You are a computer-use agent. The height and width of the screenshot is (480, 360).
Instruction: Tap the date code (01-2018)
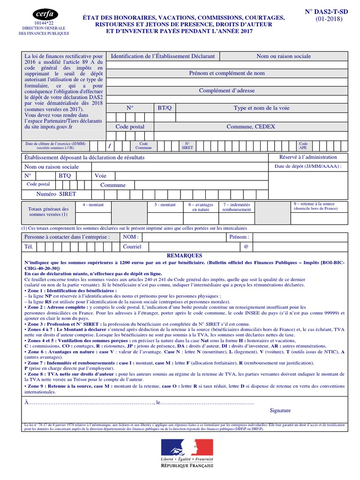coord(329,19)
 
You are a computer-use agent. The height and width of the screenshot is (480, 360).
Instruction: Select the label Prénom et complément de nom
coord(227,73)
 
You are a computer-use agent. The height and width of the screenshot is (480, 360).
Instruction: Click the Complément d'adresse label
coord(227,90)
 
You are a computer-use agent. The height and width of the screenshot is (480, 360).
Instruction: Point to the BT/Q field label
coord(165,108)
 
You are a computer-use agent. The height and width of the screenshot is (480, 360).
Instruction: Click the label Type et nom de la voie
coord(262,108)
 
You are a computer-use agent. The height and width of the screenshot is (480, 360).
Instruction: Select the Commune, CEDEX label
coord(251,127)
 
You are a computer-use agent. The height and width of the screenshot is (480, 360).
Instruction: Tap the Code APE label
coord(303,145)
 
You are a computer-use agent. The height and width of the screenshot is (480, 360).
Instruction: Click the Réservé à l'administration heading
coord(308,157)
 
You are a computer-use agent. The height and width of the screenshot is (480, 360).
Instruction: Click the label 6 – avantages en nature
coord(201,207)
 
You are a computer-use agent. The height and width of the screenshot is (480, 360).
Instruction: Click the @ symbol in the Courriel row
coord(246,246)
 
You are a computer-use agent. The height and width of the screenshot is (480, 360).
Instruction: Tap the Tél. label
coord(29,246)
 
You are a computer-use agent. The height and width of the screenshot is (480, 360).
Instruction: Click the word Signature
coord(280,410)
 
